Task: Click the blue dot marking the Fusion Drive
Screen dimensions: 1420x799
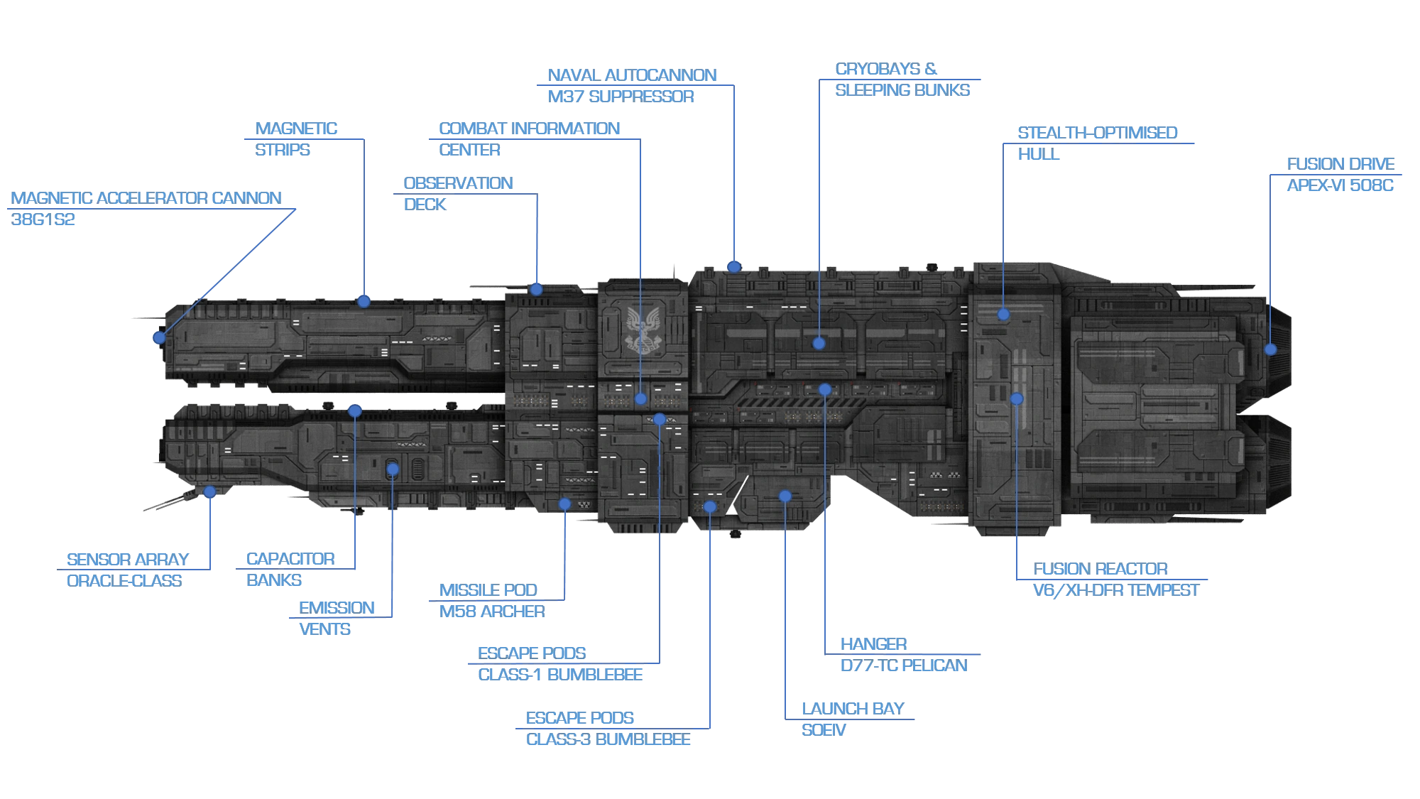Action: (x=1270, y=349)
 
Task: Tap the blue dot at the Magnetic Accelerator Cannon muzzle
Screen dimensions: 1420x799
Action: (x=160, y=337)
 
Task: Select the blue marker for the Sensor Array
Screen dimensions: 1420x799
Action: (x=209, y=491)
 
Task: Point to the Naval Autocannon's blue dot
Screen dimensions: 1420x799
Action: (x=734, y=267)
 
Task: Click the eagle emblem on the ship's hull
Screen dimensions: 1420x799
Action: (x=643, y=330)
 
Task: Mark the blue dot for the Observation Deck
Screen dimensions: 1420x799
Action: (x=537, y=289)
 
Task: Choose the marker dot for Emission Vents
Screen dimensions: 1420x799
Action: (x=393, y=469)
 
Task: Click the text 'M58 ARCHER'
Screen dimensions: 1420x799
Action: (x=492, y=612)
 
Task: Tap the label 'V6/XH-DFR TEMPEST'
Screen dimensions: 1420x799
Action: (x=1115, y=590)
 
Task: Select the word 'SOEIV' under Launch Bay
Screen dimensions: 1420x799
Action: (x=824, y=730)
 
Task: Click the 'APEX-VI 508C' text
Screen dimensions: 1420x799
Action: (x=1340, y=185)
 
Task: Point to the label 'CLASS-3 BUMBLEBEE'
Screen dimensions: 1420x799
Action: (x=608, y=739)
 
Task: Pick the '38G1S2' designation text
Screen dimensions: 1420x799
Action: (x=43, y=219)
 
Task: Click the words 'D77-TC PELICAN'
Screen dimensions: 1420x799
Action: (x=904, y=665)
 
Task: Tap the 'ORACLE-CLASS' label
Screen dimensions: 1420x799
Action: (x=124, y=581)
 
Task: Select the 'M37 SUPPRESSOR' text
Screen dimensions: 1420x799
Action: (x=621, y=97)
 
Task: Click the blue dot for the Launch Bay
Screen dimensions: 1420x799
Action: (x=785, y=496)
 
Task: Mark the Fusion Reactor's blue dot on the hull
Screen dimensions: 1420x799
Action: (x=1017, y=399)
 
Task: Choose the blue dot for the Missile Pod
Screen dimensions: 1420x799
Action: (x=564, y=504)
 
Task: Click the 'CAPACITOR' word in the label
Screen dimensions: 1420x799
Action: (x=290, y=559)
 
